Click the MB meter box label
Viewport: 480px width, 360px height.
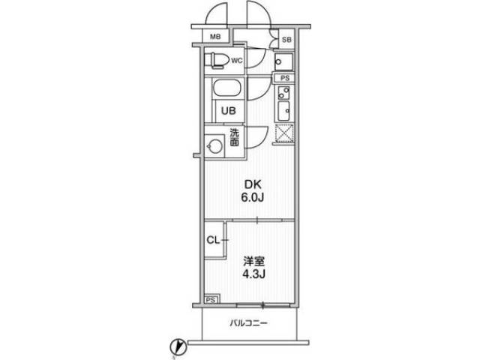click(x=215, y=37)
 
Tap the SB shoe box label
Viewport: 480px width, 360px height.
click(x=286, y=40)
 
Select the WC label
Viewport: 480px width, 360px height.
click(x=237, y=60)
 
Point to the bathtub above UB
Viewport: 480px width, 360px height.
click(x=226, y=88)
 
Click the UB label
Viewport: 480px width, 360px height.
click(x=229, y=111)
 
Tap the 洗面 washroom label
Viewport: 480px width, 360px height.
click(x=235, y=137)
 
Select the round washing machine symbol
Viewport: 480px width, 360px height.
click(x=214, y=145)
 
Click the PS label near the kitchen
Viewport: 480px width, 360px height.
click(x=285, y=78)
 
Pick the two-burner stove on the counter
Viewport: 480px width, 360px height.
click(x=283, y=93)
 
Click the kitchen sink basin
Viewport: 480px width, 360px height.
click(x=283, y=111)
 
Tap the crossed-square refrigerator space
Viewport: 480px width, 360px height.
click(x=284, y=133)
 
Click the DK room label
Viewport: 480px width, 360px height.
click(x=253, y=184)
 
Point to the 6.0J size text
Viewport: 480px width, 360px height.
click(x=253, y=198)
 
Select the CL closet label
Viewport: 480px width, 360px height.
click(x=213, y=240)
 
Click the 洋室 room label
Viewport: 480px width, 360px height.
click(x=253, y=262)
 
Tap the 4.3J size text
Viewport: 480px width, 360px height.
click(x=253, y=274)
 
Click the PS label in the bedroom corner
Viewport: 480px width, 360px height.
click(x=211, y=300)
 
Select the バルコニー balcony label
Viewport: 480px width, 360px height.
click(x=249, y=323)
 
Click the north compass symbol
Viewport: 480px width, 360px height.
click(x=178, y=346)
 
